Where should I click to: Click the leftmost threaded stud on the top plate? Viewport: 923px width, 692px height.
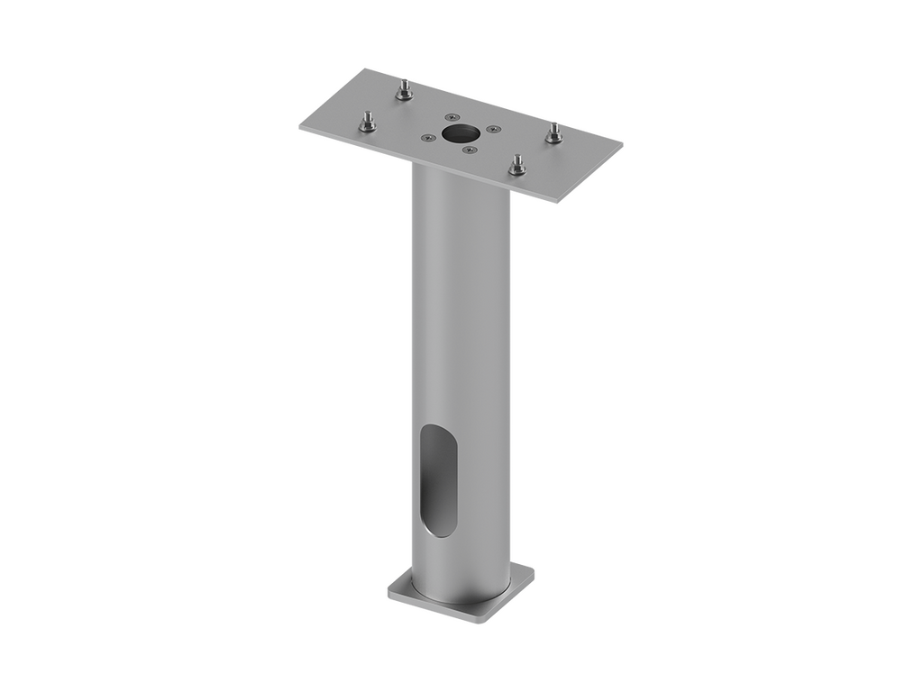[367, 123]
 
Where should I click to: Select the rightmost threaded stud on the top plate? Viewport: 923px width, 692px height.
[553, 134]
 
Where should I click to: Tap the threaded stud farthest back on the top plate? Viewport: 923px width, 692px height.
[404, 91]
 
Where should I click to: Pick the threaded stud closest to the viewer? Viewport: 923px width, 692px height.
[517, 167]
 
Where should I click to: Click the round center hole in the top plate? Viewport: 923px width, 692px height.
[460, 133]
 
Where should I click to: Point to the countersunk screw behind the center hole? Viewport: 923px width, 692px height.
[452, 117]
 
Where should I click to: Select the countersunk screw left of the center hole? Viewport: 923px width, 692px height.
[427, 138]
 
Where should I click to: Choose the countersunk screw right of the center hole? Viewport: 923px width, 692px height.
[492, 129]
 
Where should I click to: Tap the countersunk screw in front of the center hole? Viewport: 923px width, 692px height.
[468, 150]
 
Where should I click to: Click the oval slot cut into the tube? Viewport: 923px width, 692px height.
[439, 480]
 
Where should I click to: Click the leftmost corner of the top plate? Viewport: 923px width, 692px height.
[299, 129]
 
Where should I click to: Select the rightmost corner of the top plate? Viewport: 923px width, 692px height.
[624, 142]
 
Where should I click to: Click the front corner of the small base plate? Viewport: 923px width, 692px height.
[482, 620]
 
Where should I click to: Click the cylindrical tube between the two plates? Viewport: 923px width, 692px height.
[461, 315]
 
